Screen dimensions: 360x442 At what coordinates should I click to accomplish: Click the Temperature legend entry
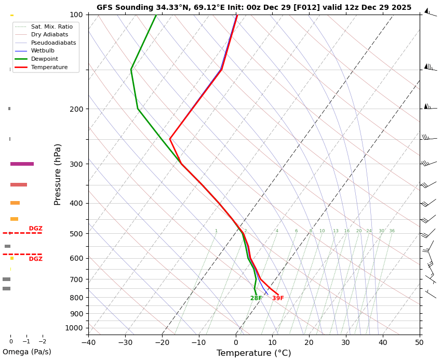tap(49, 68)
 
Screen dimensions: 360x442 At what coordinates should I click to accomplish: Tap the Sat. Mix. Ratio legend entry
tap(51, 26)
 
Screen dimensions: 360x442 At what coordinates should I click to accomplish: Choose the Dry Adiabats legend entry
tap(49, 35)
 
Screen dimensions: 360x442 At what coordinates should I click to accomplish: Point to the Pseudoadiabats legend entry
tap(53, 43)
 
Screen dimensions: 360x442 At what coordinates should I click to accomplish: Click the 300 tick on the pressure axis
tap(76, 164)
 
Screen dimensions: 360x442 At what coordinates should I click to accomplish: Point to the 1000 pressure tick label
tap(74, 328)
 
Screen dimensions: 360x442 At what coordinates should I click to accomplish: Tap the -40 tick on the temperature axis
tap(88, 342)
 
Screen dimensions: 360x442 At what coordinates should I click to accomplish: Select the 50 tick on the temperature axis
tap(419, 342)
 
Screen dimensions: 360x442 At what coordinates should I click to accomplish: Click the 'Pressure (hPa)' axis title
tap(58, 175)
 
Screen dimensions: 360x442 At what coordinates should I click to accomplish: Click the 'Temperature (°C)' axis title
tap(253, 353)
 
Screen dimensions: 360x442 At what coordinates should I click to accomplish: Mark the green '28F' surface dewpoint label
tap(256, 299)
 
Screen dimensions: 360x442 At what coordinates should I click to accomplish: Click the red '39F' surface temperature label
tap(278, 299)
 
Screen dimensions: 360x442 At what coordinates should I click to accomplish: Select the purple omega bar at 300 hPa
tap(22, 164)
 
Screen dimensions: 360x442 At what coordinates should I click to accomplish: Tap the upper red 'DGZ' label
tap(36, 229)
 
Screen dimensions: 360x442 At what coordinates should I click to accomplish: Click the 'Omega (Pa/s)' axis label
tap(27, 352)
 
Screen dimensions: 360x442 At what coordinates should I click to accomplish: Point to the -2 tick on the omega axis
tap(43, 342)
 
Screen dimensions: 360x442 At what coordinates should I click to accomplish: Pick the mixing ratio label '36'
tap(392, 231)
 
